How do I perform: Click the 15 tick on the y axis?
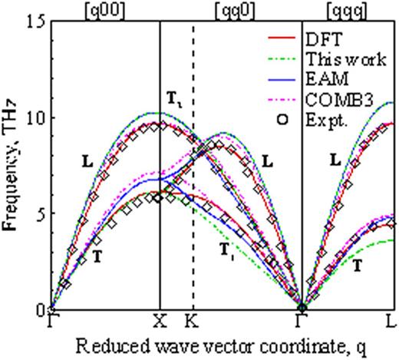coord(36,21)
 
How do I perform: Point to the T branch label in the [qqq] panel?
coord(358,265)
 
